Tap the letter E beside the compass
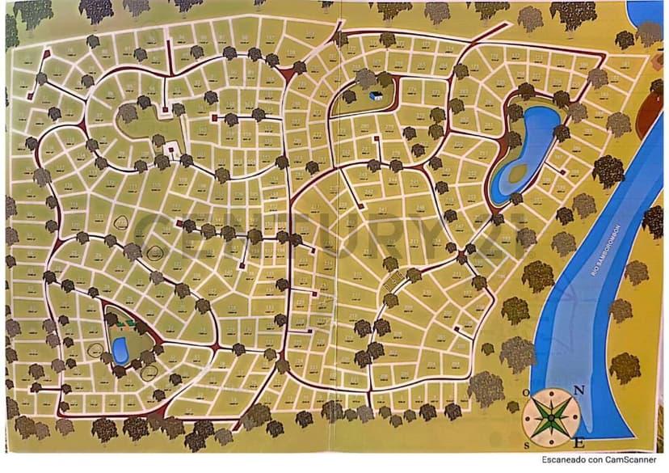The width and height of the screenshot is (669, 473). point(579,443)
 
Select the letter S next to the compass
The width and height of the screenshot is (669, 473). point(527,444)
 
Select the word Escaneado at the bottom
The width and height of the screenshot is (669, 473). point(562,459)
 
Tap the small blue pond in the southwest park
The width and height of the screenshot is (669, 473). point(120,350)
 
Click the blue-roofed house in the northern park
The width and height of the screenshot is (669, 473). point(376,95)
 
